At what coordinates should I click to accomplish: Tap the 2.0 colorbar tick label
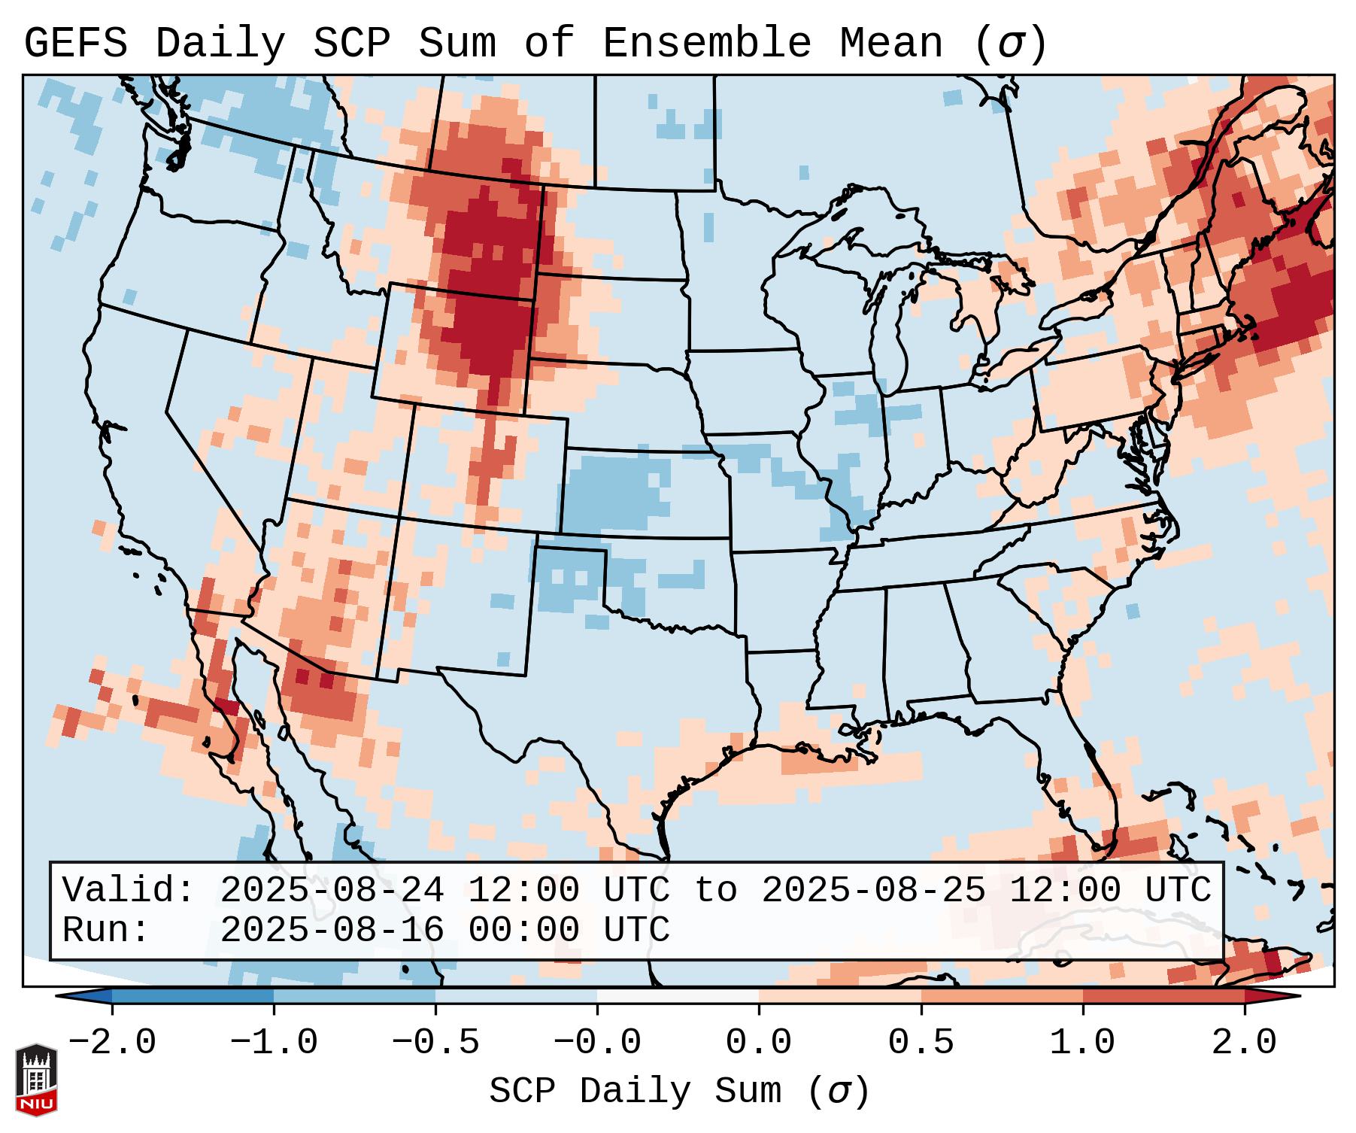pyautogui.click(x=1244, y=1043)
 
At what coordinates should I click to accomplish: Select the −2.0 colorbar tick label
pyautogui.click(x=111, y=1043)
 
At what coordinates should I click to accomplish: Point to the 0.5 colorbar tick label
pyautogui.click(x=921, y=1043)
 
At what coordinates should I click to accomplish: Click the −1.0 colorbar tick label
pyautogui.click(x=273, y=1043)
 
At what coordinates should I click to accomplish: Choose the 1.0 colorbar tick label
pyautogui.click(x=1082, y=1043)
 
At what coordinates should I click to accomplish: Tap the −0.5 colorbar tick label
pyautogui.click(x=435, y=1043)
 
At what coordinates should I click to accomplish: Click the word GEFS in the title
pyautogui.click(x=75, y=44)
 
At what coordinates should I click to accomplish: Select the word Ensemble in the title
pyautogui.click(x=706, y=44)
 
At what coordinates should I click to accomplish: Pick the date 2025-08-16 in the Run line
pyautogui.click(x=332, y=930)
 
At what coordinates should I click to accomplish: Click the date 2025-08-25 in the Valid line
pyautogui.click(x=873, y=890)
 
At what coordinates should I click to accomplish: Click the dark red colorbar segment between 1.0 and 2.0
pyautogui.click(x=1163, y=996)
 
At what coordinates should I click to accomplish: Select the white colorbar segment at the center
pyautogui.click(x=678, y=996)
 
